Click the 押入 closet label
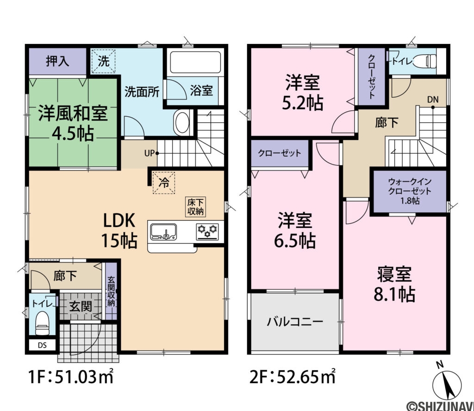(x=57, y=61)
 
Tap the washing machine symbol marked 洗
(x=104, y=61)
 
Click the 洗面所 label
(x=142, y=91)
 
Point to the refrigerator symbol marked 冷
(x=164, y=183)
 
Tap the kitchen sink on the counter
(x=163, y=231)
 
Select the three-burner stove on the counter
(x=207, y=230)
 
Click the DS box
(x=42, y=345)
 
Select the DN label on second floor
(x=433, y=99)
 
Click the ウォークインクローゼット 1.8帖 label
(x=410, y=191)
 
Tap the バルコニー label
(x=295, y=322)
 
